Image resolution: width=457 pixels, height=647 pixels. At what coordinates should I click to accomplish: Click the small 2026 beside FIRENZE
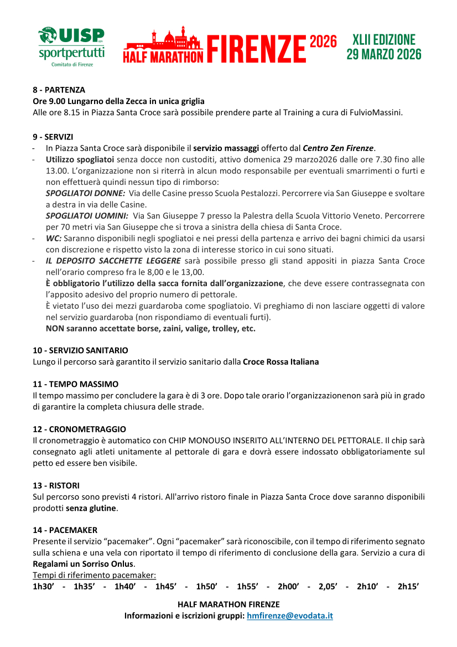323,42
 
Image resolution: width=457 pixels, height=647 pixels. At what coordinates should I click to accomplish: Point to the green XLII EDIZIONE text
383,40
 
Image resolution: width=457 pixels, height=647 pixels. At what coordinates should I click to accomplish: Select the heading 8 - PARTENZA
59,90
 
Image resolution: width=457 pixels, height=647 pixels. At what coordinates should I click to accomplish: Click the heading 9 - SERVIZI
53,136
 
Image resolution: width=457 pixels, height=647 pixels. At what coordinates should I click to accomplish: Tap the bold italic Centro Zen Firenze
338,148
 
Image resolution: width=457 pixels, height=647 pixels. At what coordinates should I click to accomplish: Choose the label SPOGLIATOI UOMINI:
87,215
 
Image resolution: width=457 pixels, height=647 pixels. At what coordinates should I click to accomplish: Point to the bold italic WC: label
54,238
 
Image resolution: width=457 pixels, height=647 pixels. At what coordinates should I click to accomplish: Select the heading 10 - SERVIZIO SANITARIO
80,350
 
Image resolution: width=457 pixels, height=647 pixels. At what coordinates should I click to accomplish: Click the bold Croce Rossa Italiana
281,362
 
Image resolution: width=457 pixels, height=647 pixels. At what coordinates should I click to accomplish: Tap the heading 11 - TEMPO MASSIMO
75,384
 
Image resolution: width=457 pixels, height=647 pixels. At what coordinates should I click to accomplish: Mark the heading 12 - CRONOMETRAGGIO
79,429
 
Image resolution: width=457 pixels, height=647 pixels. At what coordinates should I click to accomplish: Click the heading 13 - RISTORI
56,485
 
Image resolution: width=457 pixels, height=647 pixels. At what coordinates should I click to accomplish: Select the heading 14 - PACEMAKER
65,530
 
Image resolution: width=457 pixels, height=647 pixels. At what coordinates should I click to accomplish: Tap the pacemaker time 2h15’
408,587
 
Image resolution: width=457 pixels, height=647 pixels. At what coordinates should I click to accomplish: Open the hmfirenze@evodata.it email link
290,615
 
